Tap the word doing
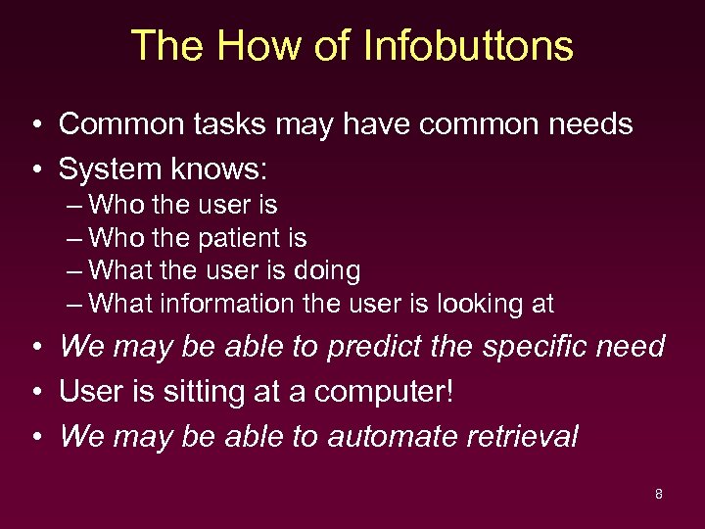327,270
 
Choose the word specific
525,347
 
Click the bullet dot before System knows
34,170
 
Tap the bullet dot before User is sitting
34,393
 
